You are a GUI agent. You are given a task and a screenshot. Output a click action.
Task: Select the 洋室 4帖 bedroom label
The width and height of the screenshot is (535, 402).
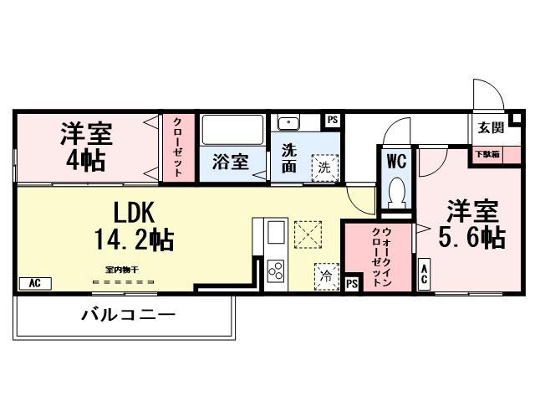click(87, 146)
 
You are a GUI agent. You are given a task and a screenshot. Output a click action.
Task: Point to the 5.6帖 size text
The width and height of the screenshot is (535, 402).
click(473, 238)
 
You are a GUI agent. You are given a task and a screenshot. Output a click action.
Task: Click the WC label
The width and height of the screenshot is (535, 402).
click(396, 158)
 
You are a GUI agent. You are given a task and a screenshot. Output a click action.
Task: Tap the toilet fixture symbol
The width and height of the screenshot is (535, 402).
click(397, 193)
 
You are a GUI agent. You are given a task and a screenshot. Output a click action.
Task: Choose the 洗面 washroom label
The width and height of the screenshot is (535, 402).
click(289, 157)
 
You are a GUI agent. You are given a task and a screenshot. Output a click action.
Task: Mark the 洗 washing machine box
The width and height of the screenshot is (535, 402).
click(324, 167)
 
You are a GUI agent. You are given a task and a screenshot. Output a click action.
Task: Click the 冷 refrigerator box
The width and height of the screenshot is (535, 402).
click(324, 274)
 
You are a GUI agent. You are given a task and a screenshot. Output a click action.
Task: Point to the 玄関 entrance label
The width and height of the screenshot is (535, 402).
click(491, 128)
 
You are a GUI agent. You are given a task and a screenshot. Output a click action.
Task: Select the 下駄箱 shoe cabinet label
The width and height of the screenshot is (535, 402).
click(488, 154)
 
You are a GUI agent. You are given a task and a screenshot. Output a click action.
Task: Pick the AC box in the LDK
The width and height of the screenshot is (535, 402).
click(35, 283)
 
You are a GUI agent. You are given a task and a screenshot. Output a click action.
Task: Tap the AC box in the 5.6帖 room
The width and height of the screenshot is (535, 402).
click(424, 273)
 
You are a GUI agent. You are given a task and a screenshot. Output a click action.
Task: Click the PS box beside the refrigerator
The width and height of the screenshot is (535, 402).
click(352, 285)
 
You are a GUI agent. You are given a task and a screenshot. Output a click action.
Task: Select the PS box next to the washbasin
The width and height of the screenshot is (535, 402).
click(333, 121)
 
